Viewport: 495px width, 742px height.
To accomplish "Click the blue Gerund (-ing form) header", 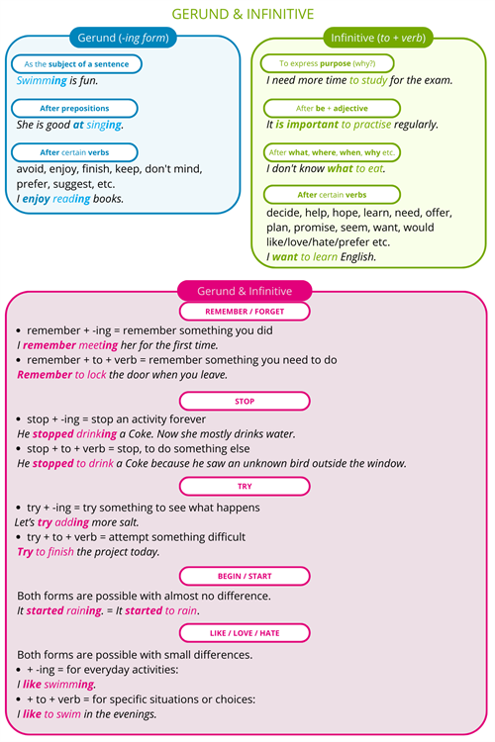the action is pos(123,39).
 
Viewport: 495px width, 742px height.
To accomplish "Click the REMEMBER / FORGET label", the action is pos(245,312).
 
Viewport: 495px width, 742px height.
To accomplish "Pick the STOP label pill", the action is pos(245,401).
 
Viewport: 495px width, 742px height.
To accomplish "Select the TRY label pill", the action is pos(245,487).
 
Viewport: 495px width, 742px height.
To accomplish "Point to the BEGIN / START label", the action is pos(245,576).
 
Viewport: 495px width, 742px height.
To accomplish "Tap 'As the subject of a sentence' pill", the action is pos(76,64).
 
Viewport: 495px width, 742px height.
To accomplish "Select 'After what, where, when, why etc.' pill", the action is pos(332,152).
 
